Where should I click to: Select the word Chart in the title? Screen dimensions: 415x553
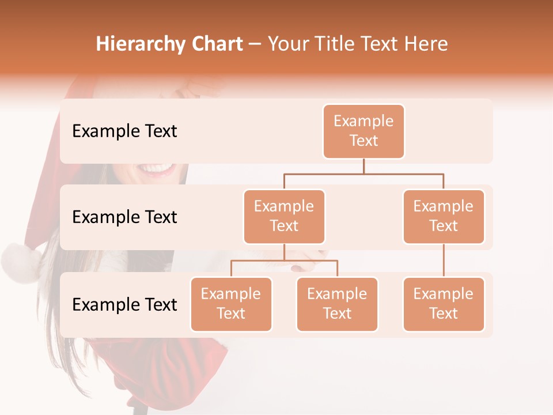pos(214,44)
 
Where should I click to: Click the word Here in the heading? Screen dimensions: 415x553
pos(425,44)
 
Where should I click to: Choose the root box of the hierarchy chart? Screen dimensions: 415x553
pos(363,131)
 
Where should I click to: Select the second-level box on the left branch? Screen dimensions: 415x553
pos(284,216)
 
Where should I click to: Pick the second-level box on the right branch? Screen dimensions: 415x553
pos(444,216)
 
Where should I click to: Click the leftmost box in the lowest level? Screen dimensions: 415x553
pos(231,304)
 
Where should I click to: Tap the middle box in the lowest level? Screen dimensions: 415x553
pos(337,304)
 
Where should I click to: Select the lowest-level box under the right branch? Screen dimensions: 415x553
pos(444,304)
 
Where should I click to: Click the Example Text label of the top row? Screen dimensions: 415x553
pos(124,131)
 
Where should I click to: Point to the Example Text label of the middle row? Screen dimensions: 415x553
pos(124,217)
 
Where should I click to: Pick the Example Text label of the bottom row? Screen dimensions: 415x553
pos(124,304)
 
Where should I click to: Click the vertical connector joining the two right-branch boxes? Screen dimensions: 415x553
pos(444,261)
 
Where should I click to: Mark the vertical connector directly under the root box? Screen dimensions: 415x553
pos(363,166)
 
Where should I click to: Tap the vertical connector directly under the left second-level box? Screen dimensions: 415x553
pos(284,252)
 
